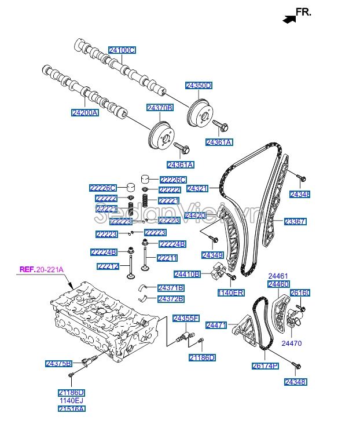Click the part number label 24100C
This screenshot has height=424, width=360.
click(x=122, y=50)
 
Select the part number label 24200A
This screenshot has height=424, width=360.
click(x=85, y=112)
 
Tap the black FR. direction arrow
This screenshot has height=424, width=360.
click(x=288, y=19)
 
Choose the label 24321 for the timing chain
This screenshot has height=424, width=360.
click(x=198, y=189)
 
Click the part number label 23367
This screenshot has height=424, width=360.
click(x=295, y=221)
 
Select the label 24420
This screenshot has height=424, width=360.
click(x=195, y=215)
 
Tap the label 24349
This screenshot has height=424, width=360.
click(x=212, y=255)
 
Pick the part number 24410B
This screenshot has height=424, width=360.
click(x=187, y=274)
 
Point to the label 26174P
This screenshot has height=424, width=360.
click(x=265, y=366)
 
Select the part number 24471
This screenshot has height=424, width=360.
click(x=216, y=326)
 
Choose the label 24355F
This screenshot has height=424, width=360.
click(x=186, y=319)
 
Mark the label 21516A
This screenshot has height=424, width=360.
click(x=72, y=409)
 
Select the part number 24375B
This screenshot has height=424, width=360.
click(x=58, y=364)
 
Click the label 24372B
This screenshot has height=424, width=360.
click(x=171, y=299)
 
